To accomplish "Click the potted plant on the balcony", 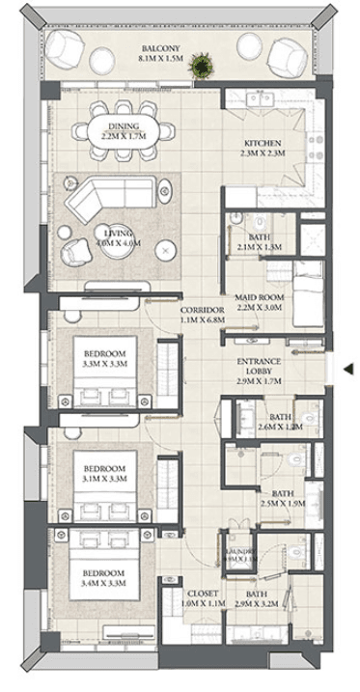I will point(203,65).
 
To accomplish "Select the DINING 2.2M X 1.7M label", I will point(124,130).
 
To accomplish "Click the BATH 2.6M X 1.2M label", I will point(280,421).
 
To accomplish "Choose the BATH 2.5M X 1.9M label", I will point(282,497).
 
